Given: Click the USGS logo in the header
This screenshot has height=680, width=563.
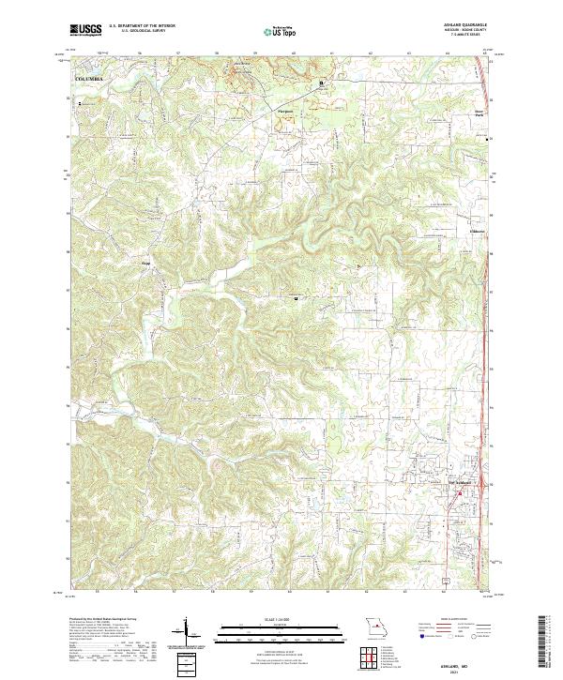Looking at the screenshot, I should (85, 30).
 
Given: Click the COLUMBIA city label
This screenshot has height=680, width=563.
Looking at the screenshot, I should (86, 80).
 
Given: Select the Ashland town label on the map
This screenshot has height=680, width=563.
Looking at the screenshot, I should (464, 484).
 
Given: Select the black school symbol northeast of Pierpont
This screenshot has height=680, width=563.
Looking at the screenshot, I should (322, 83).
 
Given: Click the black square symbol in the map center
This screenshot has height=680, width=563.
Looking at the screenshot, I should (297, 298).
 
